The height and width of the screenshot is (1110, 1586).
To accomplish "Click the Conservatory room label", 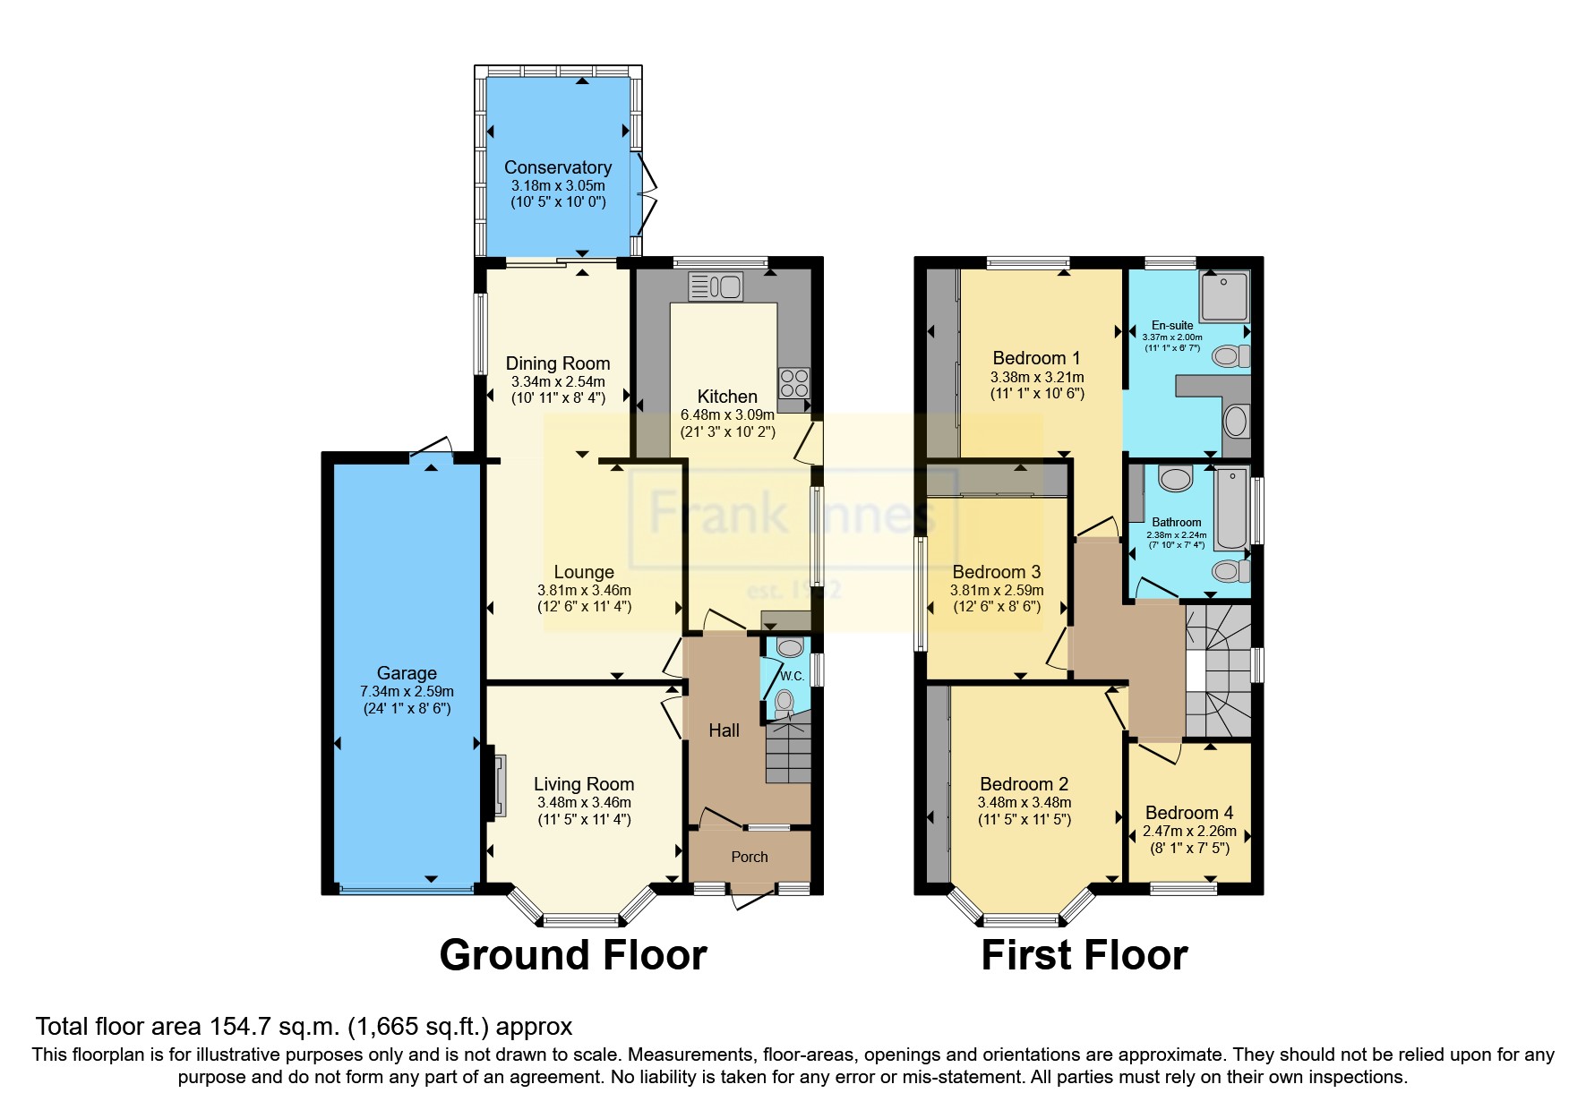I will (x=557, y=167).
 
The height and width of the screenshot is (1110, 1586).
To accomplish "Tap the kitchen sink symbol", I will (x=716, y=286).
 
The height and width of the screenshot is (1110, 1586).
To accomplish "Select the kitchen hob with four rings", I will (x=793, y=383).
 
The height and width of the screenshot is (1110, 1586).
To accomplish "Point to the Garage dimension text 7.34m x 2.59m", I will (x=407, y=691).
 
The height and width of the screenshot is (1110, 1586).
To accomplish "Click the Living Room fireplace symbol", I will (x=499, y=786).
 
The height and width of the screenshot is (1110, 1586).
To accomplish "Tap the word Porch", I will (x=750, y=857).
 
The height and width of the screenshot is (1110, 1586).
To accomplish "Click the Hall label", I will (x=724, y=730).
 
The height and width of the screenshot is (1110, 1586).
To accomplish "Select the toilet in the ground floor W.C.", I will (x=785, y=701).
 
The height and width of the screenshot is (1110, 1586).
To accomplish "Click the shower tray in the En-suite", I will (x=1223, y=296).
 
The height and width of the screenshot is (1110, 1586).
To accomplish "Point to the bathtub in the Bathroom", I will (x=1232, y=508).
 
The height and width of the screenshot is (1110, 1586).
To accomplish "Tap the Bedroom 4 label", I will (x=1188, y=813).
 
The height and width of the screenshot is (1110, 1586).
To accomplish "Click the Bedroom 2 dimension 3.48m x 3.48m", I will (x=1024, y=802).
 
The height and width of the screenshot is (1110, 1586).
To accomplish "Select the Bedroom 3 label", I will (x=996, y=572).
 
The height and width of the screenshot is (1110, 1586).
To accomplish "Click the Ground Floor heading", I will (x=573, y=955).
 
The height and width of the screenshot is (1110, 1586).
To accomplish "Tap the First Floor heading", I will (x=1084, y=955).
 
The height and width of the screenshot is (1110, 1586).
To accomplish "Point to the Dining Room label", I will (x=557, y=363).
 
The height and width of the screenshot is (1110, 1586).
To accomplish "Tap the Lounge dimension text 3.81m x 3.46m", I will (x=584, y=590).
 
